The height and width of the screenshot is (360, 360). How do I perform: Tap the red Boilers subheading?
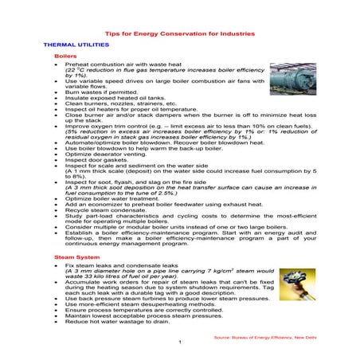[65, 58]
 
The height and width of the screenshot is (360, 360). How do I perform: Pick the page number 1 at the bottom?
[181, 342]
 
